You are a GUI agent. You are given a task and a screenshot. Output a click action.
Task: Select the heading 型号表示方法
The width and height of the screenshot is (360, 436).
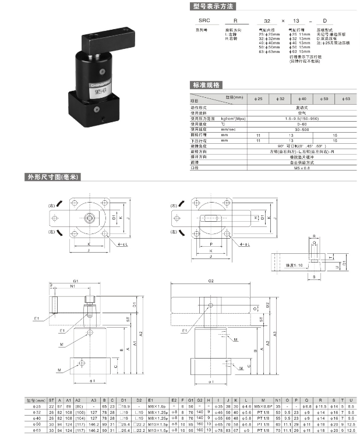tap(212, 7)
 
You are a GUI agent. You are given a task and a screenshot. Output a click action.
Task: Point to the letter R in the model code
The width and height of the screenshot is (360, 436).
tap(235, 20)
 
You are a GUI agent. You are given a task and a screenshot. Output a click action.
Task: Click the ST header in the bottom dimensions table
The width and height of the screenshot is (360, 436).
tap(52, 401)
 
